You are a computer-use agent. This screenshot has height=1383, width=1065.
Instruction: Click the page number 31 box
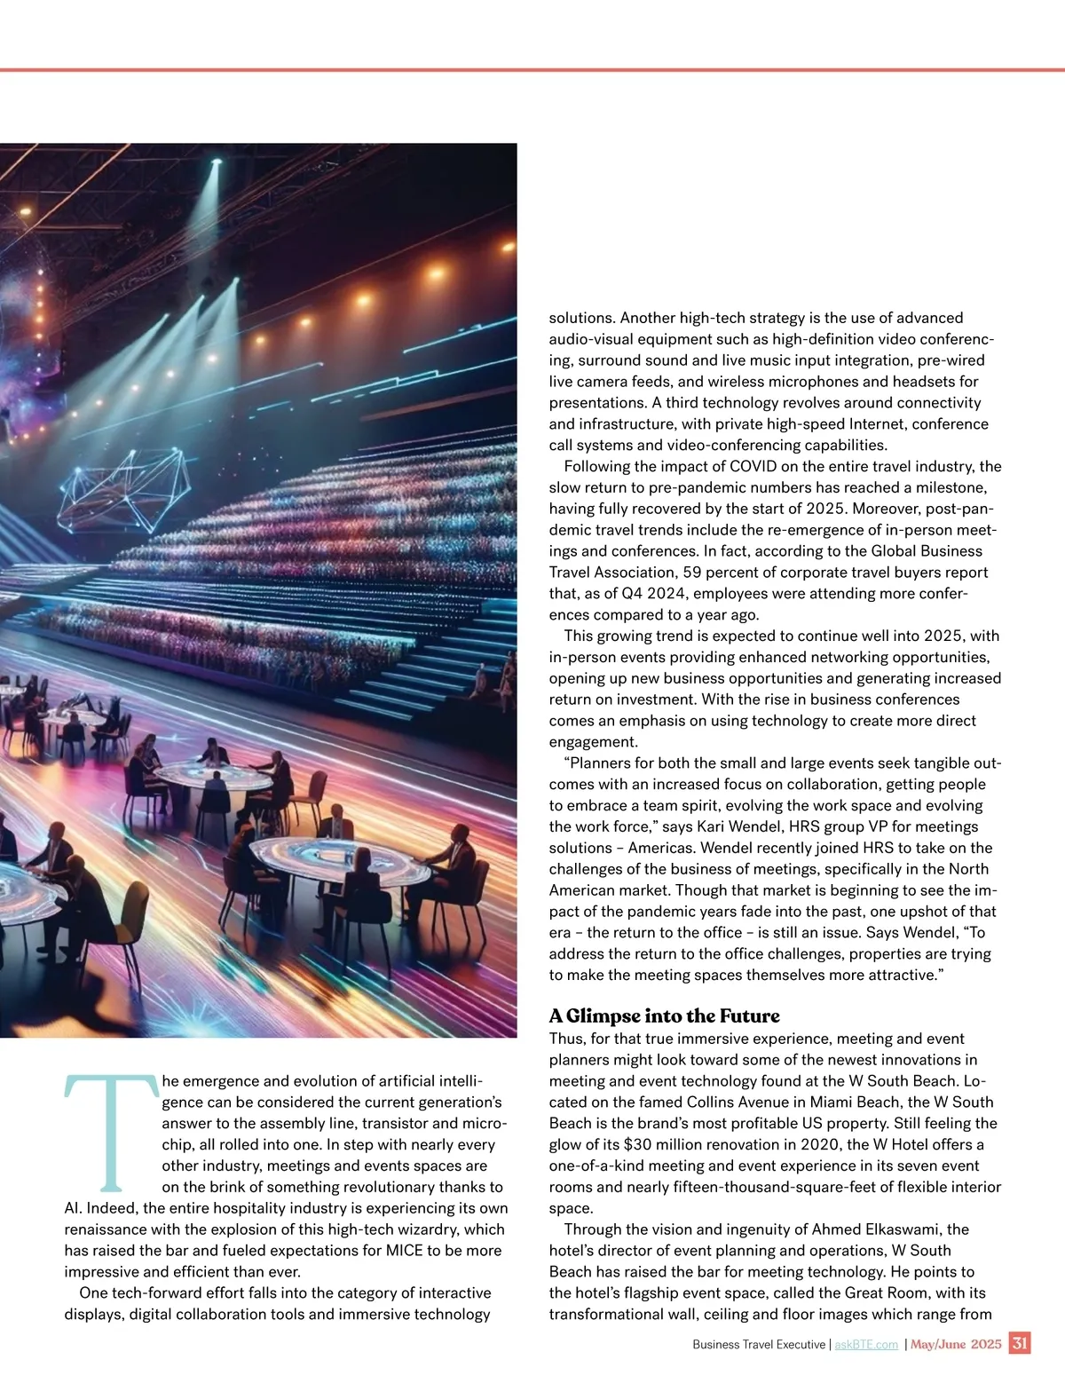[1020, 1343]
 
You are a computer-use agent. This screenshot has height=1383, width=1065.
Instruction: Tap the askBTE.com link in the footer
[866, 1345]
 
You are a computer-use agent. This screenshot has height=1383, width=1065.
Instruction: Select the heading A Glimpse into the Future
[664, 1016]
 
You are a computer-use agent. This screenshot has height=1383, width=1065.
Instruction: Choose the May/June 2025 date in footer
[956, 1344]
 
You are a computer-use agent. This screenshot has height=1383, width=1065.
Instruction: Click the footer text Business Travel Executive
[759, 1345]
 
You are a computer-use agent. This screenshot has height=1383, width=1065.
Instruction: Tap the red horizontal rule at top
[532, 69]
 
